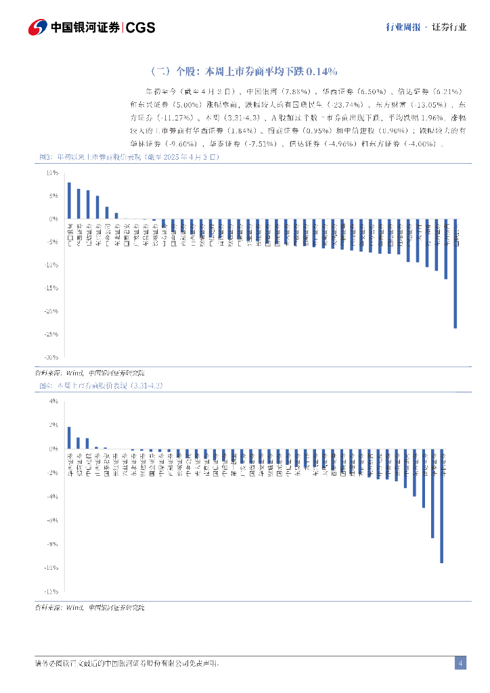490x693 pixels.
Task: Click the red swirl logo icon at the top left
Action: click(38, 27)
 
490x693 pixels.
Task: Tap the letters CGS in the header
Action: click(141, 28)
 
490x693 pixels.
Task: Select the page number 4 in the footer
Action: click(460, 663)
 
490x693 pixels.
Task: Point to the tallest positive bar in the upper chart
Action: click(69, 200)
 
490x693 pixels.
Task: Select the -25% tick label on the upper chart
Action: click(51, 334)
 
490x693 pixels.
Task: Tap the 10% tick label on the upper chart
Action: click(52, 173)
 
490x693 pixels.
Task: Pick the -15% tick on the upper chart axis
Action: click(51, 288)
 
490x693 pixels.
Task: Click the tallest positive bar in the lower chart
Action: click(69, 438)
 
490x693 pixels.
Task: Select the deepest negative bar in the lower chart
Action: click(442, 506)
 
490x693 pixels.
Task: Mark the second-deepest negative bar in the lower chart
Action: click(432, 493)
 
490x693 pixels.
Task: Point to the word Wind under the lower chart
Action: click(74, 608)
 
